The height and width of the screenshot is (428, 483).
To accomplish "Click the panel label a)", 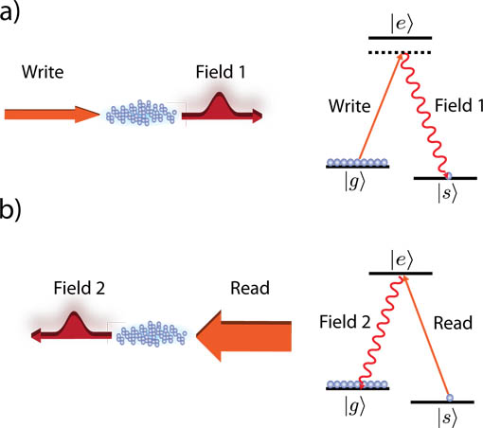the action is click(9, 12).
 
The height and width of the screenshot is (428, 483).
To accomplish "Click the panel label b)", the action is click(10, 209).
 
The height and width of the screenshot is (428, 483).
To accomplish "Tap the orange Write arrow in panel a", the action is click(52, 115).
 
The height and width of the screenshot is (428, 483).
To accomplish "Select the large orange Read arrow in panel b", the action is click(243, 336).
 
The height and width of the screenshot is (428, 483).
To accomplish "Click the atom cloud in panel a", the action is click(141, 113).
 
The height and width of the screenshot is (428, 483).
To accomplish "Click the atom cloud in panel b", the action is click(152, 334).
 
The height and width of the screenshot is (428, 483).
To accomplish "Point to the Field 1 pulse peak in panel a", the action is click(219, 94).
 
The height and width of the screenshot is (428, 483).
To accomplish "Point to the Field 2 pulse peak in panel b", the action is click(74, 313).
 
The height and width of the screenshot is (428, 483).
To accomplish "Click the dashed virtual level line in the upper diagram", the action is click(400, 52).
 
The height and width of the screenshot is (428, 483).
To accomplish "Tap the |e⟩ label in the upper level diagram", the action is click(401, 24).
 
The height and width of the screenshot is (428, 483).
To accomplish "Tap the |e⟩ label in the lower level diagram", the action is click(401, 260).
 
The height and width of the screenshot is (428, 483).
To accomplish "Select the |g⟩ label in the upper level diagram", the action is click(354, 182).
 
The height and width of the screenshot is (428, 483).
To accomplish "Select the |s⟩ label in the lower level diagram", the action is click(447, 417).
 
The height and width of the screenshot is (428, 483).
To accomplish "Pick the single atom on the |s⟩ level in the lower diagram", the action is click(450, 398).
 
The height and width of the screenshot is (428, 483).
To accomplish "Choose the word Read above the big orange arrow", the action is click(250, 288).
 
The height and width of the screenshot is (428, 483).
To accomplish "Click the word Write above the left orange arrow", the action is click(43, 72).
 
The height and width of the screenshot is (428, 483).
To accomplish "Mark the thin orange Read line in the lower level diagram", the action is click(426, 336).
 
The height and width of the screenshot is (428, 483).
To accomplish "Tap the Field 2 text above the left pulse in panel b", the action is click(80, 288).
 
